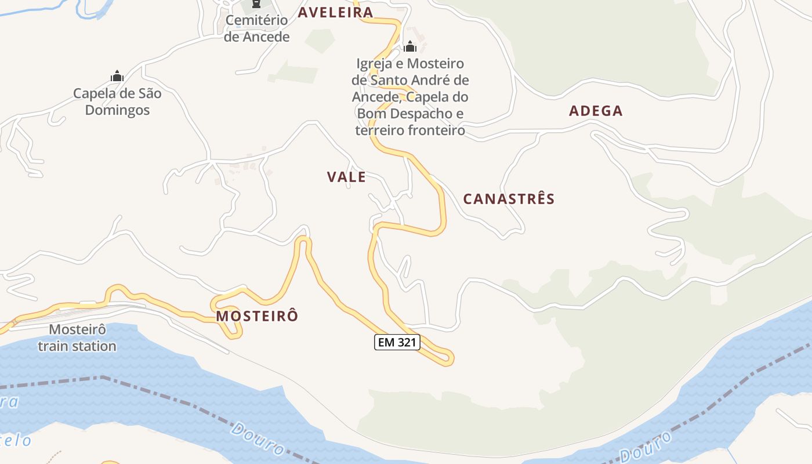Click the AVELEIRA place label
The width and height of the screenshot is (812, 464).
click(x=335, y=13)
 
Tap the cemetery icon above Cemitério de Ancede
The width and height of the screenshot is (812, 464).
click(x=256, y=4)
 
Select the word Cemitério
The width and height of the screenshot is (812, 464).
click(x=256, y=20)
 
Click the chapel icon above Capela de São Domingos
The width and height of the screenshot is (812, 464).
click(x=117, y=76)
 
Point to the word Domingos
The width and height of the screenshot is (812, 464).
click(x=117, y=110)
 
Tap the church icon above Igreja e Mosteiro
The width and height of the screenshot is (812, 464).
click(x=410, y=46)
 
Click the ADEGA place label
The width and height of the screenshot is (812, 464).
click(x=596, y=111)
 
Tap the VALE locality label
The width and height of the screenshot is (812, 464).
click(x=346, y=177)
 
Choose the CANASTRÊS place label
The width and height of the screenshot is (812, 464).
click(x=509, y=200)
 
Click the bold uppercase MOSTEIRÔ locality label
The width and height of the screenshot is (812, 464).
click(x=257, y=317)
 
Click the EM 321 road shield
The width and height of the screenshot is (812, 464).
click(x=397, y=343)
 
